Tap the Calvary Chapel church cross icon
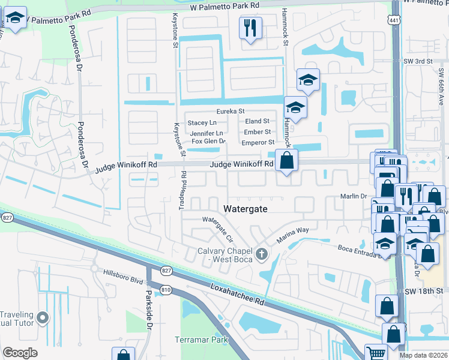coord(261,254)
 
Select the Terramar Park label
coord(202,340)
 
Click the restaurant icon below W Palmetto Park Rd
coord(250,28)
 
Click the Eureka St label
coord(231,112)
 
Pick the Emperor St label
coord(258,142)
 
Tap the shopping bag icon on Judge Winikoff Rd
coord(287,160)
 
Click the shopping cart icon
coord(376,353)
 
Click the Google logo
coord(20,353)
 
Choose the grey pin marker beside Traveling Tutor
coord(42,317)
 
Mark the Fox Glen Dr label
coord(205,142)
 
